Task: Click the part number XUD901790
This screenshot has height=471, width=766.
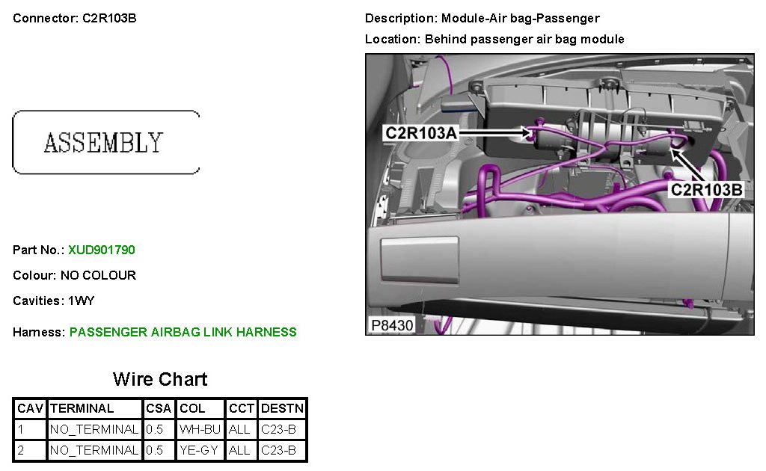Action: (x=102, y=250)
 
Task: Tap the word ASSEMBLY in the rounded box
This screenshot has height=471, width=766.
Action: (x=103, y=143)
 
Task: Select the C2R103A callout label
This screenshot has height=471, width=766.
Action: (x=421, y=133)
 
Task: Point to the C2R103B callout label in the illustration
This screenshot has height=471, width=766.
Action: (x=706, y=189)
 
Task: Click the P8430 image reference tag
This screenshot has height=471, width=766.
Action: (x=392, y=325)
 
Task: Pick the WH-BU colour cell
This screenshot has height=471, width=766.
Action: (x=200, y=430)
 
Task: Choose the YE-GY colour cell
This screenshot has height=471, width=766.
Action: (x=199, y=450)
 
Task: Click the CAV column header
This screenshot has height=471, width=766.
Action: (x=30, y=408)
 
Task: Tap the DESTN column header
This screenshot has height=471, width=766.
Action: (x=282, y=408)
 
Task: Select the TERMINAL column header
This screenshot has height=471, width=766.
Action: (x=82, y=408)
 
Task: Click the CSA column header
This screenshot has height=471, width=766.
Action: (x=159, y=408)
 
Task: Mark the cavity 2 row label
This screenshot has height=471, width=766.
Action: (x=20, y=450)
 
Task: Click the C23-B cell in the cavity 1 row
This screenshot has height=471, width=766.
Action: (x=278, y=430)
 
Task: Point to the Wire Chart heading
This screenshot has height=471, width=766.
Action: (x=160, y=379)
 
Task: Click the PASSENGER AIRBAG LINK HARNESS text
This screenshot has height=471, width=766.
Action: (x=183, y=332)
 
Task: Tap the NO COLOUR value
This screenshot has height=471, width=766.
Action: (x=98, y=275)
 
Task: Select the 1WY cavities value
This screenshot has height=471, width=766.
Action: (x=81, y=301)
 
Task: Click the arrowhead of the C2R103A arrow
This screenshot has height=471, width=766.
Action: (x=527, y=132)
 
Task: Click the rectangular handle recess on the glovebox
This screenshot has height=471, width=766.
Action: (x=420, y=260)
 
